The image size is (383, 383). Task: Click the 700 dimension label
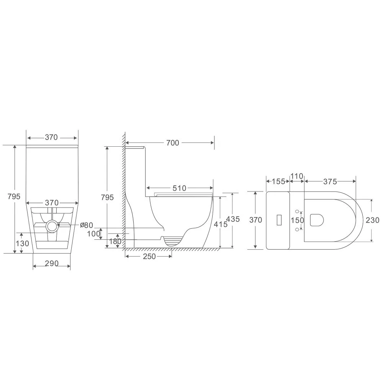(x=173, y=143)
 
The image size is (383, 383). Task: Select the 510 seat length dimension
(x=179, y=188)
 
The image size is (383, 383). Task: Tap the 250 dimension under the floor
(x=149, y=256)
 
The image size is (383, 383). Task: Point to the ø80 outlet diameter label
(x=87, y=225)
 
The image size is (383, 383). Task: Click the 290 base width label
(x=52, y=264)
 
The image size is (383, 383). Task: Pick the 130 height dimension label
(x=23, y=243)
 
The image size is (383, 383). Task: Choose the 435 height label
(x=233, y=219)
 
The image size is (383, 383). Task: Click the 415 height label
(x=221, y=224)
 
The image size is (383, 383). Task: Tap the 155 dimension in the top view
(x=278, y=181)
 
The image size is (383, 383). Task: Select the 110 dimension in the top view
(x=297, y=176)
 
